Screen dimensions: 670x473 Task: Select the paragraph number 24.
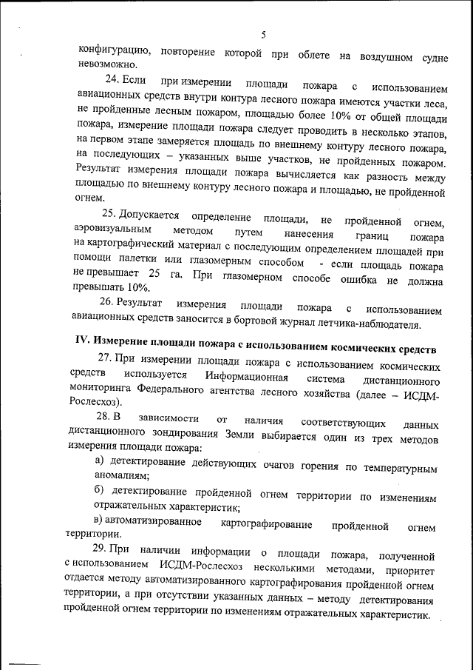point(112,79)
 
